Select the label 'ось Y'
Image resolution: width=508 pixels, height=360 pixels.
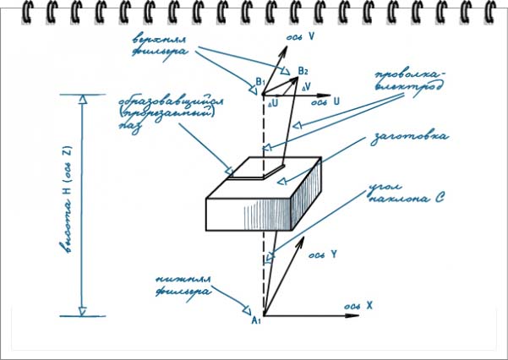[323, 254]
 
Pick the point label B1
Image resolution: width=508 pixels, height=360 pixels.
[261, 81]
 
